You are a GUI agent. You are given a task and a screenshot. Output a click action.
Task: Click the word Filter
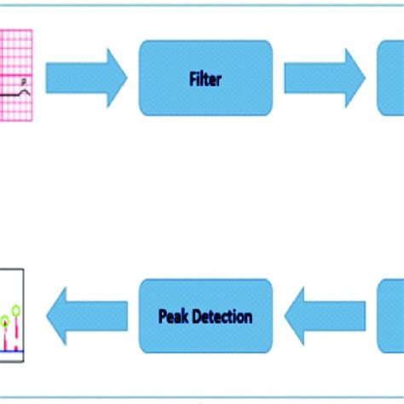[x=205, y=79]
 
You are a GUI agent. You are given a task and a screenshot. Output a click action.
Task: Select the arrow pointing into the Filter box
[x=85, y=78]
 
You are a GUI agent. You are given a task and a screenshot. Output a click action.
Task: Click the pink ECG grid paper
[x=15, y=51]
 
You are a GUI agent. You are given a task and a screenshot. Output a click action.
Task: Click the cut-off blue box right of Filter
[x=390, y=78]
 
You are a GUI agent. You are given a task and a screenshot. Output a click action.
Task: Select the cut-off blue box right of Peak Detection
[x=390, y=317]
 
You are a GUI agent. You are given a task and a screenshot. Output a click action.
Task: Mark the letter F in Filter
[x=192, y=79]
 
